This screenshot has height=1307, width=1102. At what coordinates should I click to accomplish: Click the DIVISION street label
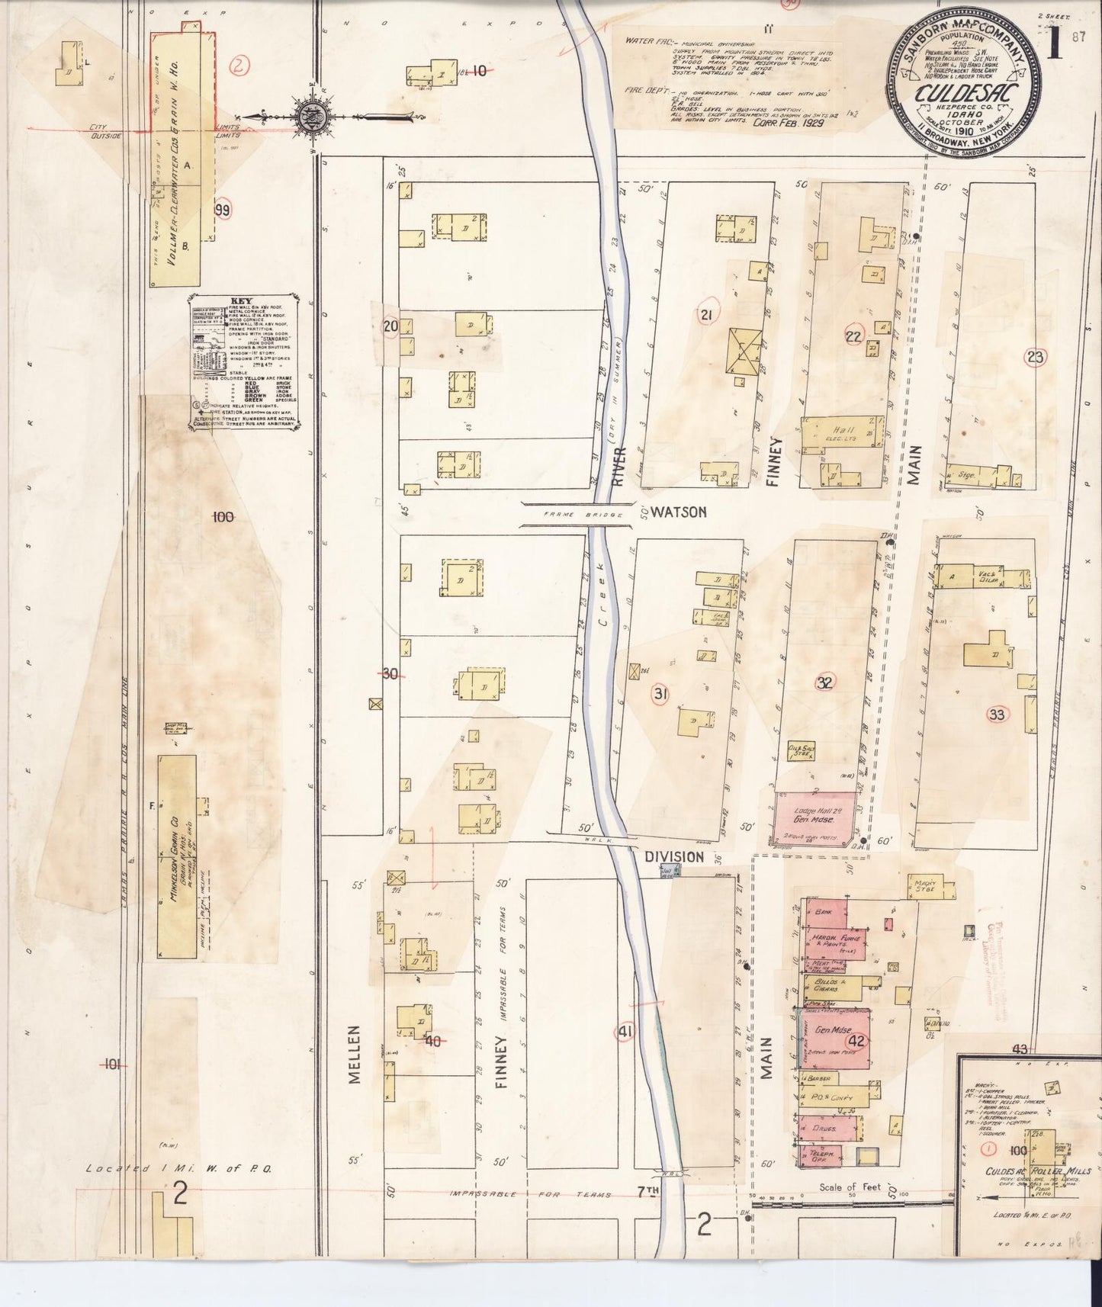tap(674, 857)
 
